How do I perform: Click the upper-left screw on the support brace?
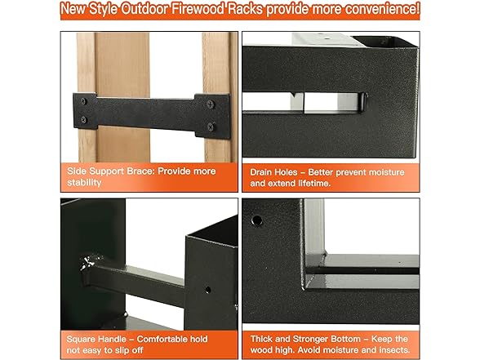(x=83, y=101)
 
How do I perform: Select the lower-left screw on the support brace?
(x=83, y=120)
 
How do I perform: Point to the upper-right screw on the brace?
(x=211, y=104)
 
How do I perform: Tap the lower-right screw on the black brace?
(x=211, y=126)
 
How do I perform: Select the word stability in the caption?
(x=84, y=183)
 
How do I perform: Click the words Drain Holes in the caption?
(x=273, y=172)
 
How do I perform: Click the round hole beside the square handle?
(x=208, y=290)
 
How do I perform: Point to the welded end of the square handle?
(x=90, y=263)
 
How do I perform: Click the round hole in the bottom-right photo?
(x=256, y=220)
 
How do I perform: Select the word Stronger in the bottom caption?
(x=327, y=340)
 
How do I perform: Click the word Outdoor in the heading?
(x=144, y=8)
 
